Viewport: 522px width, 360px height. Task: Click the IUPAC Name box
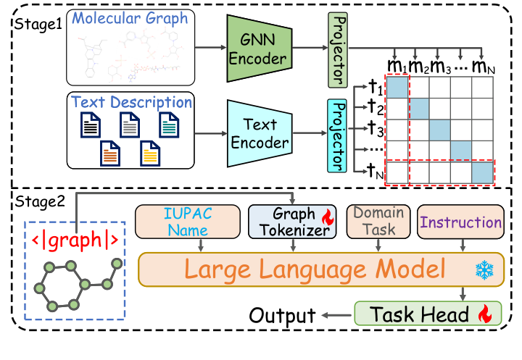[x=188, y=221]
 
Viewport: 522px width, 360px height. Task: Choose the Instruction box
[x=461, y=222]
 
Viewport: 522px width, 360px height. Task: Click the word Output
[x=282, y=315]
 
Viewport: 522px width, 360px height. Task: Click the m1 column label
[x=396, y=67]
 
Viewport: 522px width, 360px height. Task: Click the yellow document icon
[x=149, y=154]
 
